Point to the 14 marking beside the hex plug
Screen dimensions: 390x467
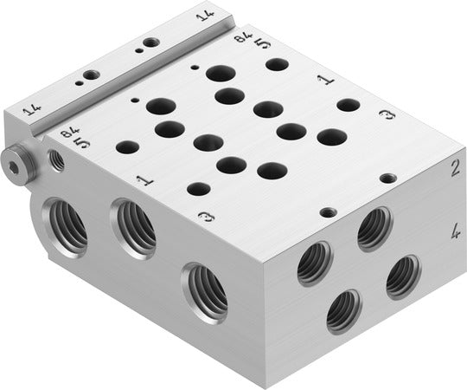coord(33,110)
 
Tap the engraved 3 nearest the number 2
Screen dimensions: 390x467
coord(387,114)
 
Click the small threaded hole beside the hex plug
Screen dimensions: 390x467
coord(58,159)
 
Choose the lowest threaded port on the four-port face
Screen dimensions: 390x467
coord(343,310)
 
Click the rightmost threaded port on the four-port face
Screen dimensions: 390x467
coord(403,276)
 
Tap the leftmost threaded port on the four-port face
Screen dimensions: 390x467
coord(314,263)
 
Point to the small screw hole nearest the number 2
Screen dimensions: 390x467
coord(388,178)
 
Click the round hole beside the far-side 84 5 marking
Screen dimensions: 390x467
coord(277,63)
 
